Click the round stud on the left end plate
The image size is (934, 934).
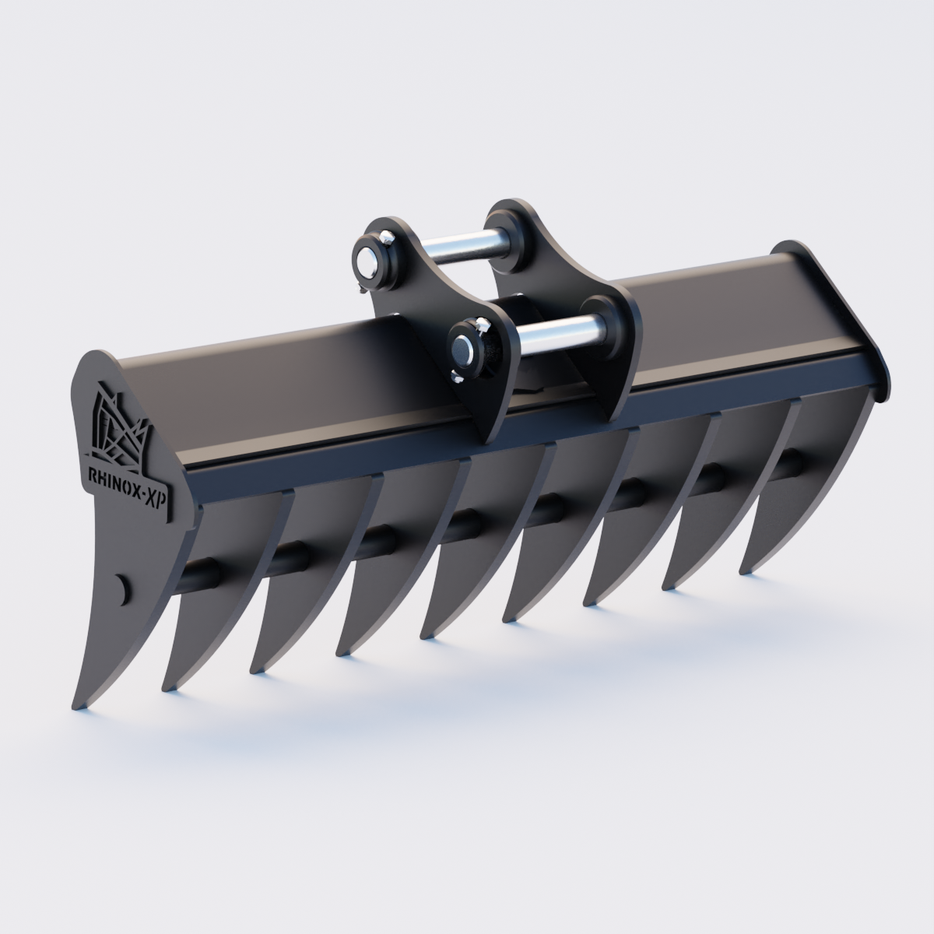coord(122,588)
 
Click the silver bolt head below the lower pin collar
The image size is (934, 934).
coord(458,379)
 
